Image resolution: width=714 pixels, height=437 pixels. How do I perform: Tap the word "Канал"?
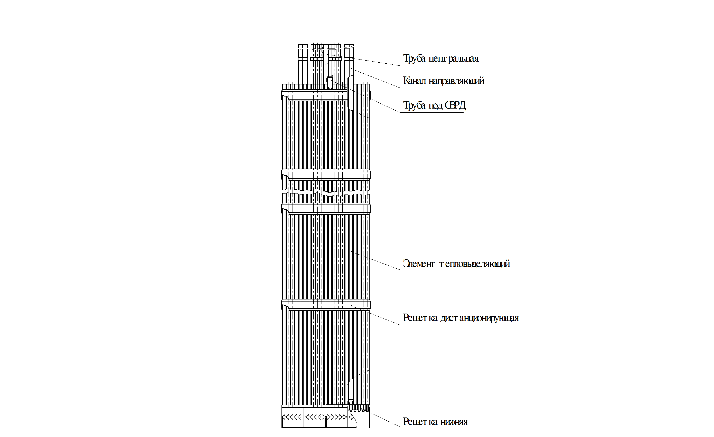coord(415,81)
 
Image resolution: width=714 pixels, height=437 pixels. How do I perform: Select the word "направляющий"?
coord(456,81)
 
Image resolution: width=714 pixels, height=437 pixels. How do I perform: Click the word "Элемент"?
coord(419,264)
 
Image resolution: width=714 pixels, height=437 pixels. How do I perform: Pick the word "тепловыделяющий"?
coord(475,264)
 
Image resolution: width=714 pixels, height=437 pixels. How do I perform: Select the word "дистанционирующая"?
coord(480,318)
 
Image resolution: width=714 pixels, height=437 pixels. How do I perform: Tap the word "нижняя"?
coord(454,422)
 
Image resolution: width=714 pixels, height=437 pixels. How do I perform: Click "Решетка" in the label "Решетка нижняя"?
coord(420,422)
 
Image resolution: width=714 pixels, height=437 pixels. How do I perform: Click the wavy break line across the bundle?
coord(326,192)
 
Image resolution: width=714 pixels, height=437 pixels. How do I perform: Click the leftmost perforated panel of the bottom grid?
coord(293,417)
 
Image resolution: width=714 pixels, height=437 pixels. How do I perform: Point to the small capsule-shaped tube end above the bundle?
coord(330,82)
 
